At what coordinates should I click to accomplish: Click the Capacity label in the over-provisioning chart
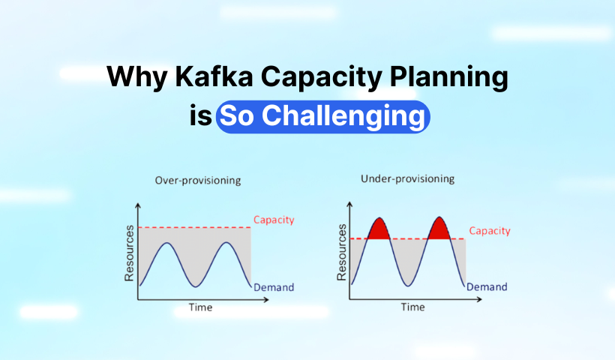tap(274, 220)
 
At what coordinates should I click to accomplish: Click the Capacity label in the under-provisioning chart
tap(490, 230)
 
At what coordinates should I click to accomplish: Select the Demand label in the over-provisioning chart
tap(274, 287)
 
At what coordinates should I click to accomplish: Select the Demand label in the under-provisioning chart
tap(487, 286)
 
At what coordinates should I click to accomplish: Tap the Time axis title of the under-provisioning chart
tap(412, 307)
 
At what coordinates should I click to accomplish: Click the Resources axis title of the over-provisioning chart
tap(129, 253)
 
